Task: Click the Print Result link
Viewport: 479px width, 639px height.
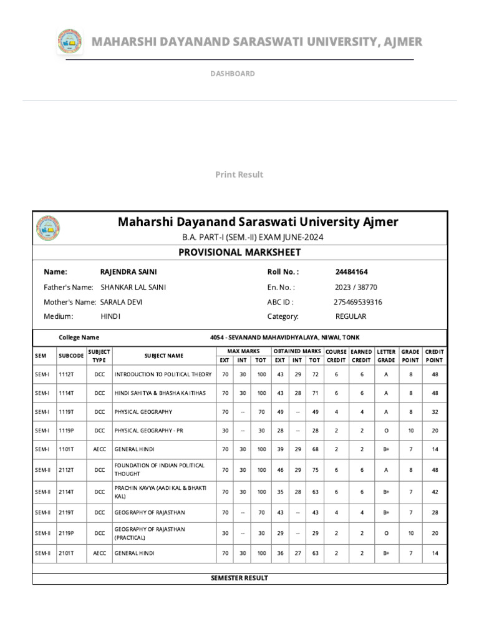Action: (239, 175)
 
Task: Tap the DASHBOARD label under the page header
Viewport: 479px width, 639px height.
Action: (232, 74)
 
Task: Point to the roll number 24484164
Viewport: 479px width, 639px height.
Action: (351, 272)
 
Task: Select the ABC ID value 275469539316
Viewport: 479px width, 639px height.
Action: (358, 302)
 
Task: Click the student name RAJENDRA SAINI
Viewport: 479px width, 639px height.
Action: (128, 272)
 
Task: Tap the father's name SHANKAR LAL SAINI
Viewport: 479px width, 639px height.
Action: (133, 287)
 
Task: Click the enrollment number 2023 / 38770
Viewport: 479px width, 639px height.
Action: (356, 287)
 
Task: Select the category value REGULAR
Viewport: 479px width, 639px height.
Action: (351, 316)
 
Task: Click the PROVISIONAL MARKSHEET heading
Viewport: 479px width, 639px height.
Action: (239, 252)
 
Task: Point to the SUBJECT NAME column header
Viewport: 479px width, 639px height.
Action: (164, 356)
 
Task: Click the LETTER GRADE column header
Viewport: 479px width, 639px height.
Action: (386, 356)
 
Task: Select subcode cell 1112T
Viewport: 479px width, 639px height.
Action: (67, 374)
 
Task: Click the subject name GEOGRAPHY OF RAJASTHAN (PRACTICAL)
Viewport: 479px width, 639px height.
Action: (149, 533)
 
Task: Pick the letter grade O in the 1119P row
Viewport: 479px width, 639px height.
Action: (386, 431)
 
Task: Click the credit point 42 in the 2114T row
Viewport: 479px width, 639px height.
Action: (434, 492)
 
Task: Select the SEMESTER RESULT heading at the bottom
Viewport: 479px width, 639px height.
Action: (239, 578)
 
